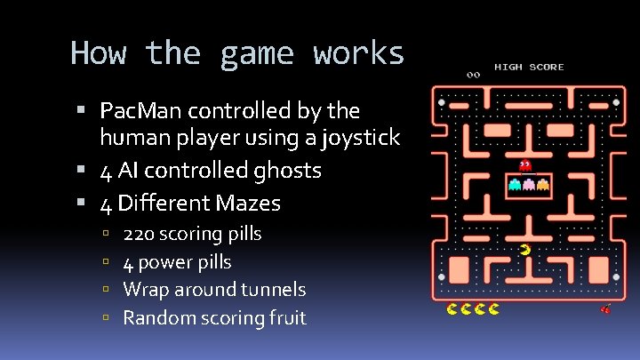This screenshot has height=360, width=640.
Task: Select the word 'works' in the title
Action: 358,54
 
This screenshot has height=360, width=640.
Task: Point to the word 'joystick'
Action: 363,139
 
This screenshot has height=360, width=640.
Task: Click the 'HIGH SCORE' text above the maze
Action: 529,68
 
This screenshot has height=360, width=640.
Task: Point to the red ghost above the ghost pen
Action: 524,165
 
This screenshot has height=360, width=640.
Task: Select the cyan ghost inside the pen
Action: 514,185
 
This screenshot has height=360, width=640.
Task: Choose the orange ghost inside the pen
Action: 542,185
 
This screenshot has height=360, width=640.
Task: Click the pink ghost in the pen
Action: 528,185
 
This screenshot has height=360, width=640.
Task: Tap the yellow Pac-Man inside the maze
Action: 525,250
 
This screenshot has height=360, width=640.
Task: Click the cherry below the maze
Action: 606,309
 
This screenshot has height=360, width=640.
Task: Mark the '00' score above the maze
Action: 473,75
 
